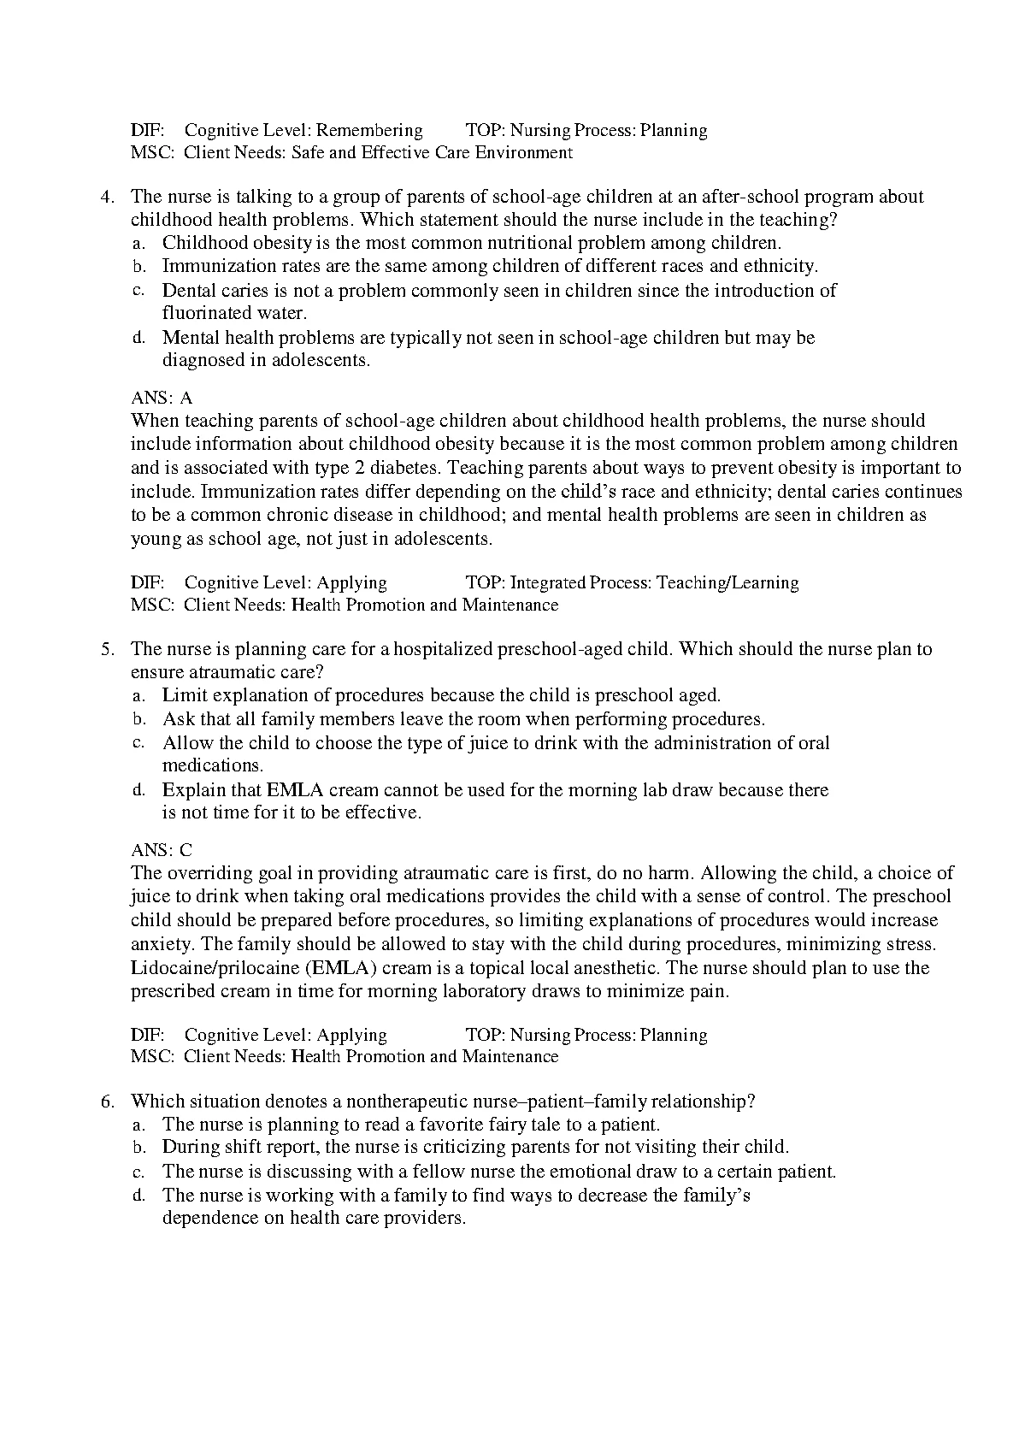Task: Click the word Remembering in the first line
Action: (368, 131)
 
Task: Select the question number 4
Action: (107, 197)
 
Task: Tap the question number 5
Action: (107, 649)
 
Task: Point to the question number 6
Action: (107, 1101)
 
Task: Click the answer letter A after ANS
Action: (186, 399)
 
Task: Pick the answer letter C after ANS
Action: (186, 850)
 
